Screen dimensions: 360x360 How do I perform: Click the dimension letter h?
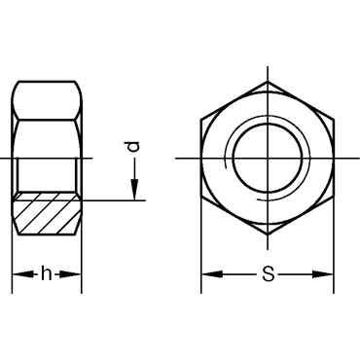pos(47,274)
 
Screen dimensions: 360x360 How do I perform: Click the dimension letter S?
pos(269,274)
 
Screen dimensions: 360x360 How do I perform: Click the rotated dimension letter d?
pos(133,147)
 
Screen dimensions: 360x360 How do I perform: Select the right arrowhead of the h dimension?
pos(70,274)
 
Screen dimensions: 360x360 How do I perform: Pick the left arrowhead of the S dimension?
pos(212,274)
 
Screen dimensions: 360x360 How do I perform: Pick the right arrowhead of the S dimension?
pos(322,274)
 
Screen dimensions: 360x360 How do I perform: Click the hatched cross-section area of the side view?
pos(47,213)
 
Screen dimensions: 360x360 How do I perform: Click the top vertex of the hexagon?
pos(268,82)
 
